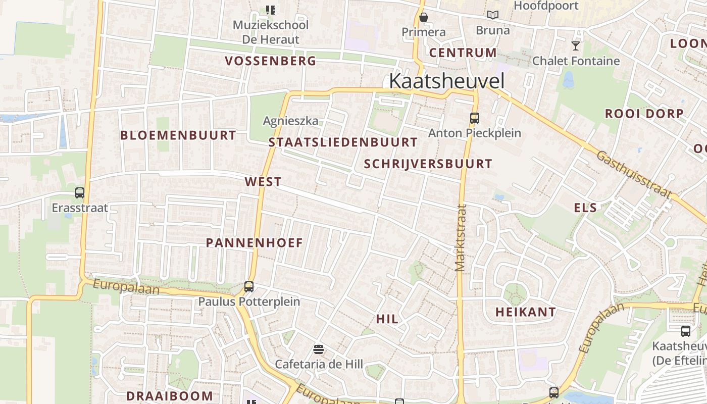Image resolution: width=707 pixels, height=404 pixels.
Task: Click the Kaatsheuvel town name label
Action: pyautogui.click(x=446, y=81)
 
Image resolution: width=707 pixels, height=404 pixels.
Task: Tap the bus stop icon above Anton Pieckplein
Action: pyautogui.click(x=474, y=118)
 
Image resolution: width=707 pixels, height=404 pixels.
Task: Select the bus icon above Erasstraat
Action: pyautogui.click(x=80, y=192)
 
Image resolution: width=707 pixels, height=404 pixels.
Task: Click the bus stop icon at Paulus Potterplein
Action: pyautogui.click(x=249, y=286)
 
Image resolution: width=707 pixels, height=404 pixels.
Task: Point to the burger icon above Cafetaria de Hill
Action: pyautogui.click(x=318, y=349)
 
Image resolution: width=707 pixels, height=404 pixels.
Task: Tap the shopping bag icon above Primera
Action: pyautogui.click(x=424, y=17)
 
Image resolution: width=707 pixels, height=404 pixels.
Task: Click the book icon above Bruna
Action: pyautogui.click(x=492, y=15)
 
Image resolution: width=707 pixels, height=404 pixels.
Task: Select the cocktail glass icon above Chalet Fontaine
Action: pyautogui.click(x=575, y=46)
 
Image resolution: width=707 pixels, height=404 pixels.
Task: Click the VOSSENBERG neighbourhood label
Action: pyautogui.click(x=271, y=61)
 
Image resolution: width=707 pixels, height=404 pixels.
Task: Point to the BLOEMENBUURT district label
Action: pyautogui.click(x=178, y=135)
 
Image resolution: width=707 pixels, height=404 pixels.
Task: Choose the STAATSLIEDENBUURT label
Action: pyautogui.click(x=343, y=142)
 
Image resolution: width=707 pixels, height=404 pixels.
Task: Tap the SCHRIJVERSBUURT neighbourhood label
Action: pyautogui.click(x=428, y=164)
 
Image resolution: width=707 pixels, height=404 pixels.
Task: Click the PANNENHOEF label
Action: pyautogui.click(x=255, y=242)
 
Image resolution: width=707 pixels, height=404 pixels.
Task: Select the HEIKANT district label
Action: pyautogui.click(x=526, y=312)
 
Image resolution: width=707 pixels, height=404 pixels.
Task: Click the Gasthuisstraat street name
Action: pyautogui.click(x=634, y=174)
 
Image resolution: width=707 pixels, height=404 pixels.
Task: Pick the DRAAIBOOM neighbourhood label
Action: pyautogui.click(x=170, y=396)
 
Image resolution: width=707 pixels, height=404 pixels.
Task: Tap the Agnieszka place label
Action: pyautogui.click(x=291, y=121)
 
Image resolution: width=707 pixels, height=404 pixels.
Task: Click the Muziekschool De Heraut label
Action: pyautogui.click(x=271, y=32)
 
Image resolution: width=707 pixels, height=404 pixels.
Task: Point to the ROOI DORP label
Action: pyautogui.click(x=644, y=114)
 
